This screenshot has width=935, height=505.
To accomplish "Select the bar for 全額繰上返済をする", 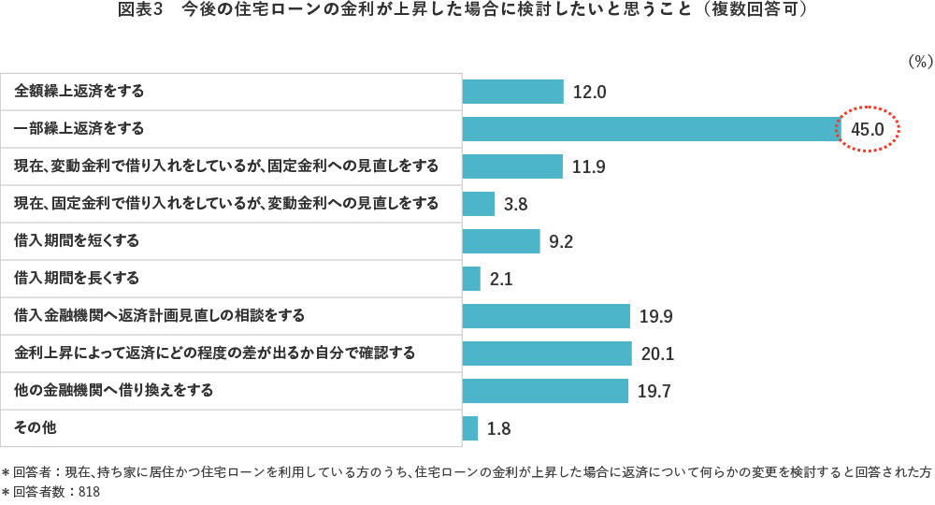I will tap(512, 92).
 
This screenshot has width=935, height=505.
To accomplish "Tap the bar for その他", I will tap(470, 428).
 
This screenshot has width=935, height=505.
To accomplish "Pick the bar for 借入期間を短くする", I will tap(501, 241).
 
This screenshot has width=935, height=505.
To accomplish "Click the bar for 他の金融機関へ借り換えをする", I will tap(545, 391).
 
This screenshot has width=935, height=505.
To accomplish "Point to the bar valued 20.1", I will tap(547, 353).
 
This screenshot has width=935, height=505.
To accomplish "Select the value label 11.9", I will tap(589, 167).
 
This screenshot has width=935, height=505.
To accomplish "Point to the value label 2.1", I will tap(501, 280).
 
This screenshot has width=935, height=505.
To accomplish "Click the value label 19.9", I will tap(656, 317).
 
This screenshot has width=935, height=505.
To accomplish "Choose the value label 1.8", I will tap(498, 429).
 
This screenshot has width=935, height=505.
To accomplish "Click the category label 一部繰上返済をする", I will tap(79, 128).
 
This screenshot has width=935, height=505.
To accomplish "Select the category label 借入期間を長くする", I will tap(77, 278).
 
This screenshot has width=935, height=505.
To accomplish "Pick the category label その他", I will tap(36, 427).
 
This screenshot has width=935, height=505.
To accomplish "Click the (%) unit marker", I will tap(920, 61).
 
